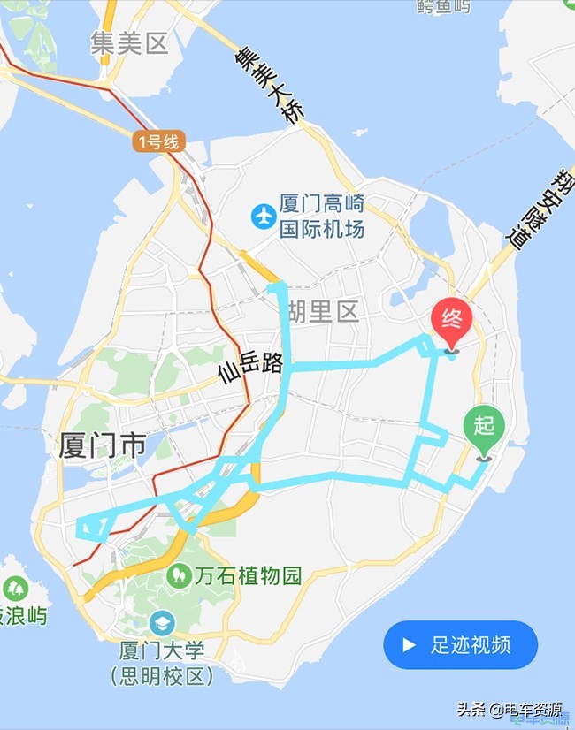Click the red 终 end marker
pos(451,323)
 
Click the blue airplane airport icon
pos(263,216)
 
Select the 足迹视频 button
pos(460,644)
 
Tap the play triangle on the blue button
pos(409,644)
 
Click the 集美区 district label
pos(129,43)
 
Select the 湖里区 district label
pos(324,311)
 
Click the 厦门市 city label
pos(103,445)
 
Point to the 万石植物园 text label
pos(249,576)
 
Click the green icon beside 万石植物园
pos(179,576)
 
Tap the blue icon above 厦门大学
pos(162,622)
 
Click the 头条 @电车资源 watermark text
pos(509,709)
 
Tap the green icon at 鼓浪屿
pos(15,587)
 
